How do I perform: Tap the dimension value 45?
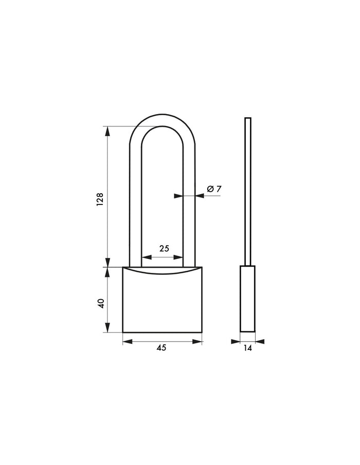[x=161, y=348]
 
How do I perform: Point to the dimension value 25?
[x=164, y=249]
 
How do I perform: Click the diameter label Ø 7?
[x=214, y=189]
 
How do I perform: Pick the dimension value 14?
[x=248, y=348]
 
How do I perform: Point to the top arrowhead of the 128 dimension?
[x=107, y=131]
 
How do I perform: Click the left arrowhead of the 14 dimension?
[x=236, y=341]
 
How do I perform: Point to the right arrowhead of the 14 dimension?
[x=260, y=341]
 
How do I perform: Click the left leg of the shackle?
[x=135, y=206]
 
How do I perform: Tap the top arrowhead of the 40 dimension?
[x=107, y=272]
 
